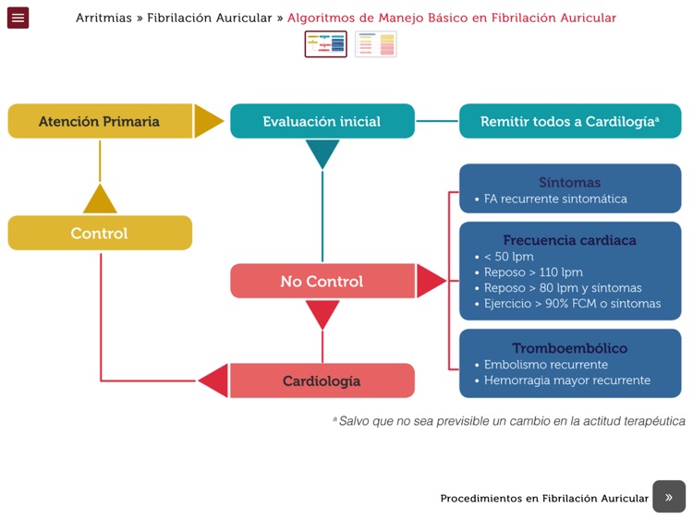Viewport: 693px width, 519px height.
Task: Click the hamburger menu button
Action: pos(18,18)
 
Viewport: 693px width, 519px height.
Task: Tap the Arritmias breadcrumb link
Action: pos(103,18)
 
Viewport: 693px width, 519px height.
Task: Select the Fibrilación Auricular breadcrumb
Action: pos(209,18)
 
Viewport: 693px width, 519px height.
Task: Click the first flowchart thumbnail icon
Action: pos(325,43)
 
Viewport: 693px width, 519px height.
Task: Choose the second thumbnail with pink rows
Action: pos(375,43)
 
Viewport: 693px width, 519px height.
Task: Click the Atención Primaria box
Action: pos(100,121)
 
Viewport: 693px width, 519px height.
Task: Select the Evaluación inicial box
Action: pos(322,121)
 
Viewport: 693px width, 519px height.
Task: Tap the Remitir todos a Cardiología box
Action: pos(569,121)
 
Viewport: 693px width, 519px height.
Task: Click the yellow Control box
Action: pos(100,233)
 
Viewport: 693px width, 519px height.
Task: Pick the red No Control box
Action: pos(322,281)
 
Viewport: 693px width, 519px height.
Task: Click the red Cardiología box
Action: pos(322,380)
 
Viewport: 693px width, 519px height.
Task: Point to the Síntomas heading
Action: pos(569,182)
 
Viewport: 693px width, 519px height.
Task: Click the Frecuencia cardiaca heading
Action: pos(569,240)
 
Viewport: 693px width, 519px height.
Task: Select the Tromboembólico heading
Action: pos(569,348)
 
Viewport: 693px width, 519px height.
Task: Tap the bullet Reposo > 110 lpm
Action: pos(533,272)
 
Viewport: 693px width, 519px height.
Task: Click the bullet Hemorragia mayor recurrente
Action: pos(566,380)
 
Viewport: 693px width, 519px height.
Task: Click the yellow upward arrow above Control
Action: pos(100,199)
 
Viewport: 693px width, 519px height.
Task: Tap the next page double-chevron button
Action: pos(669,497)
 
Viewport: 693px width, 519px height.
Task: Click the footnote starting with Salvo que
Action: pos(511,421)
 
